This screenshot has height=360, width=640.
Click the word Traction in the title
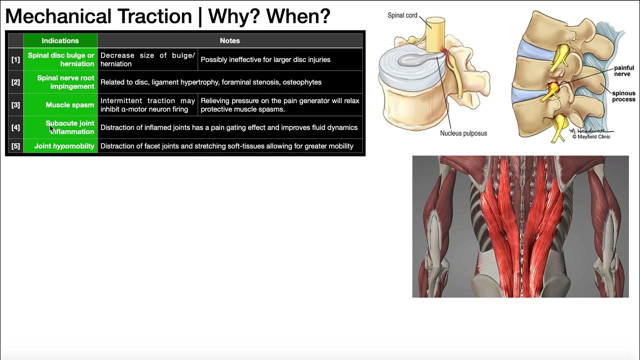(x=154, y=16)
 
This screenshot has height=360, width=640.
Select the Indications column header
(x=60, y=40)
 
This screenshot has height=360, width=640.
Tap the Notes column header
(x=229, y=40)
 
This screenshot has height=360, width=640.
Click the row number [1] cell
(x=15, y=59)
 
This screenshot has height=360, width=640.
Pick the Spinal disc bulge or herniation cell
(x=60, y=59)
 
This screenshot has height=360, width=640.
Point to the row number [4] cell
(x=15, y=127)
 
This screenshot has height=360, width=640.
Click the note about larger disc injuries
(x=265, y=59)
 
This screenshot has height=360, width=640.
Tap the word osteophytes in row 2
(x=302, y=82)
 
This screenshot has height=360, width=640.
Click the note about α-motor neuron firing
(x=147, y=105)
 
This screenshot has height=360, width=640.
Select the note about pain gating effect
(x=228, y=127)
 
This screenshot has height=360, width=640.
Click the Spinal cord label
(x=402, y=15)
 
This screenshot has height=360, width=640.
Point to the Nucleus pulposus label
(x=463, y=133)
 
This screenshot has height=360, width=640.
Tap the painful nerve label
(x=624, y=71)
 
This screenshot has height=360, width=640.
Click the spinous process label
(x=623, y=96)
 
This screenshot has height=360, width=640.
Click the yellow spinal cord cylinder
(x=434, y=32)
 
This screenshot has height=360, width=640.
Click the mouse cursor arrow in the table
(x=51, y=128)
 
